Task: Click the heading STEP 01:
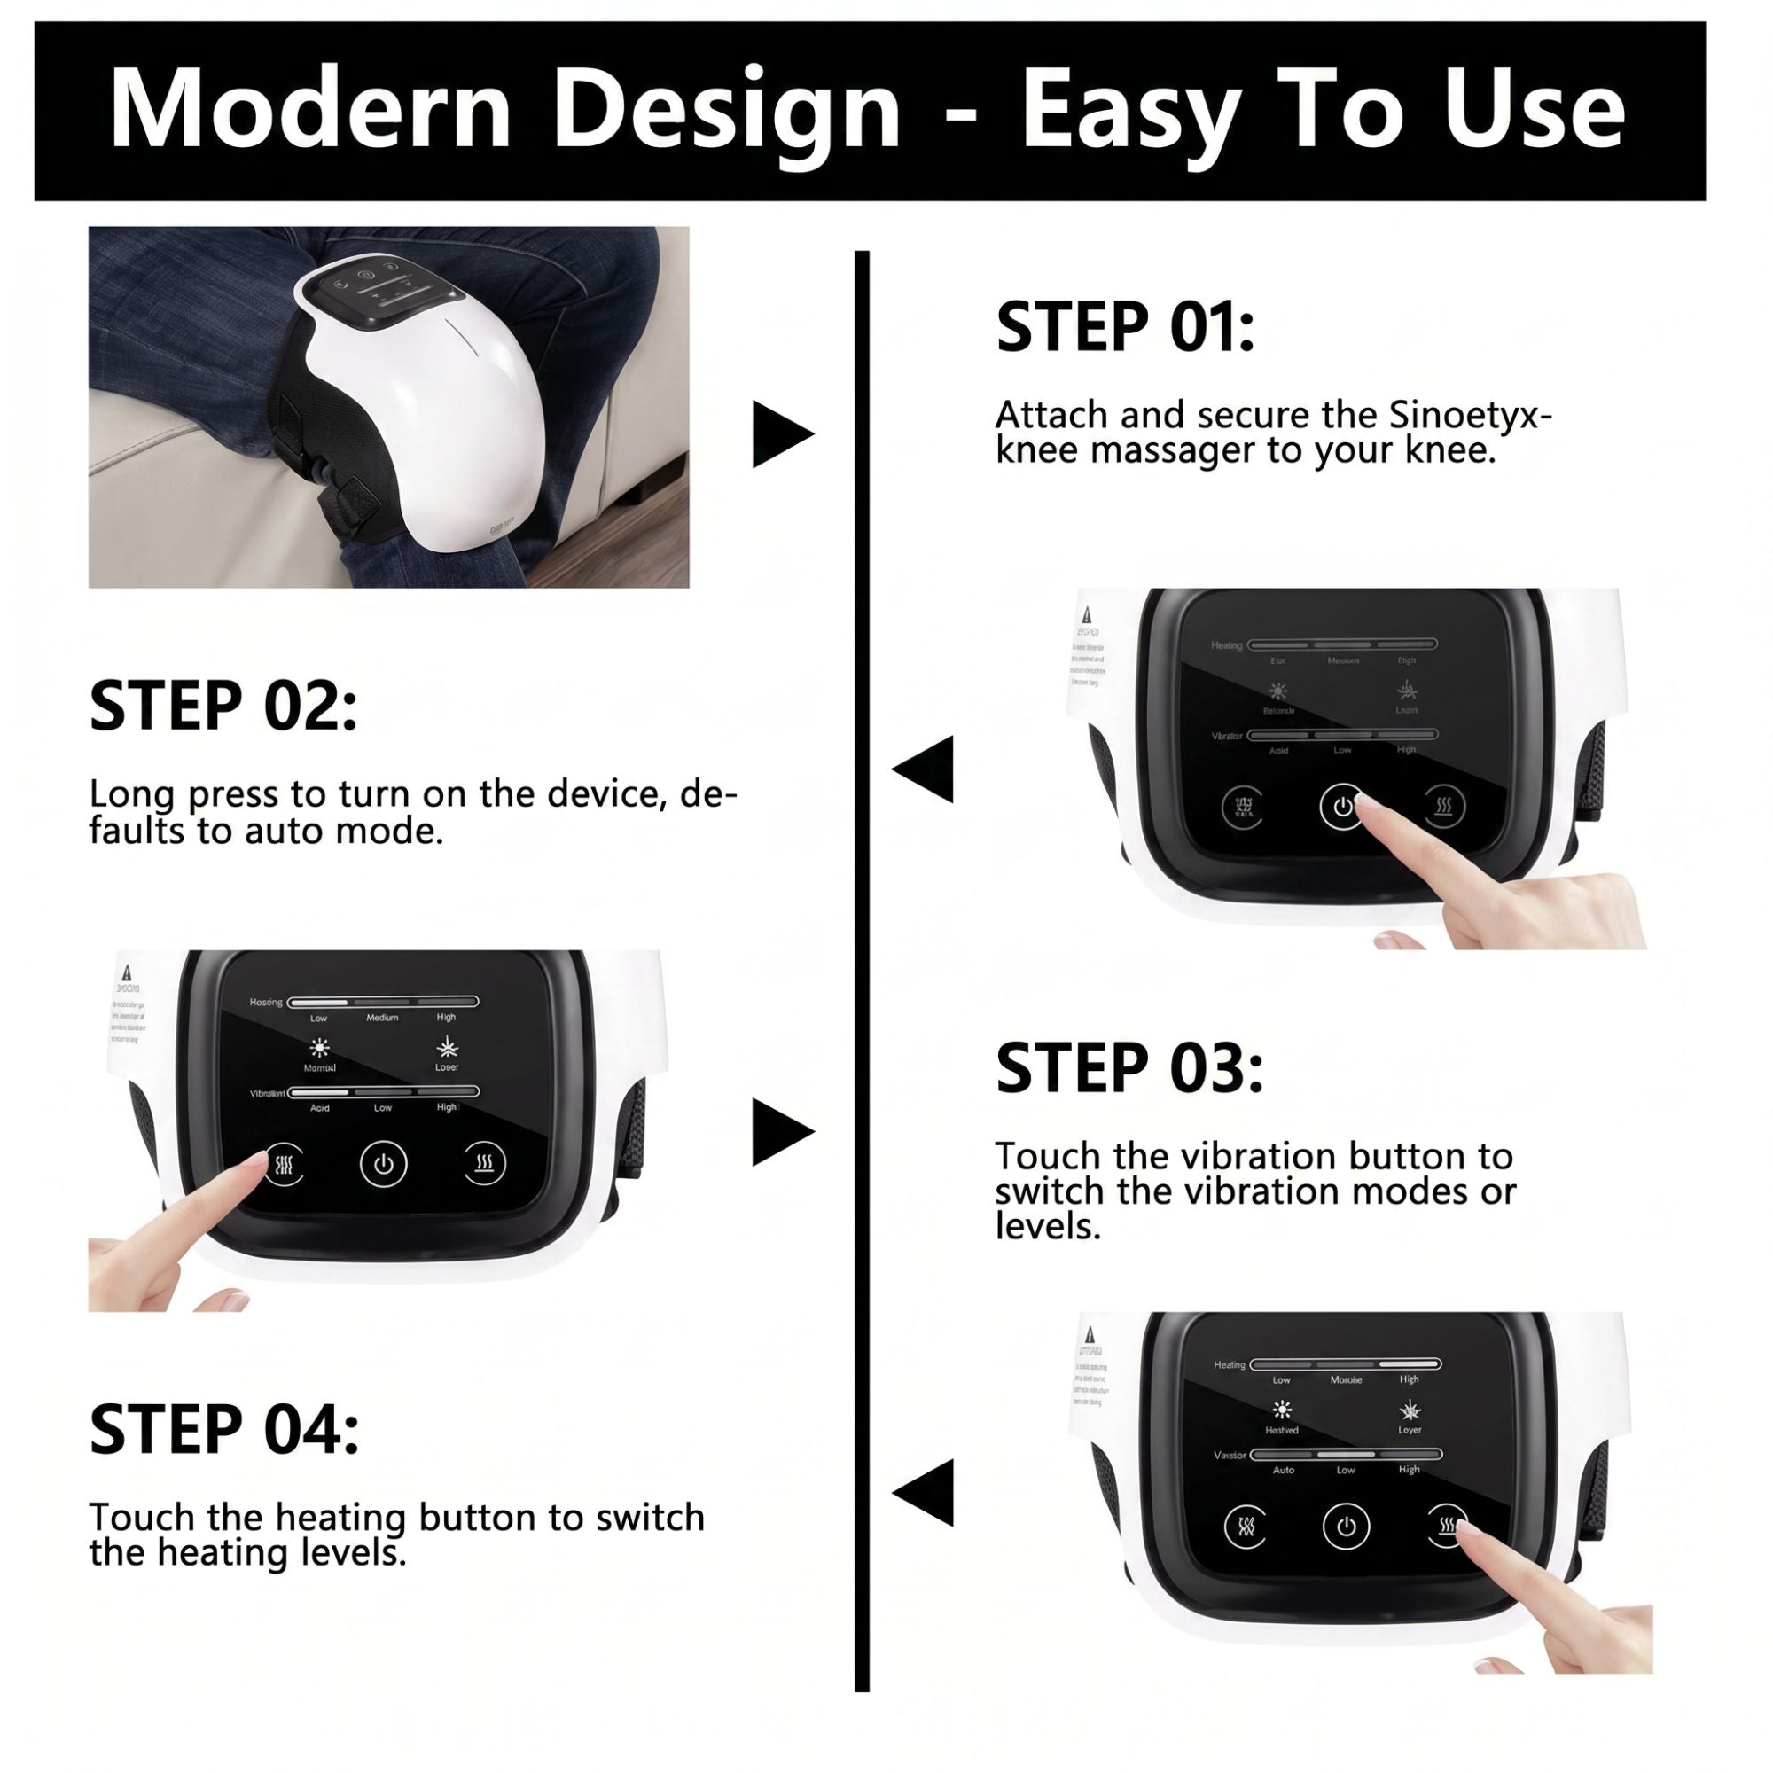pos(1125,328)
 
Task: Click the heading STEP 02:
pos(223,707)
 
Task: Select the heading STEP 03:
pos(1129,1068)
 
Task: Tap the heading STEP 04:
pos(224,1430)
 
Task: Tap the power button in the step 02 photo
pos(1342,807)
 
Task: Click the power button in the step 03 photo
pos(384,1165)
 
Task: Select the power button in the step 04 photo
pos(1346,1527)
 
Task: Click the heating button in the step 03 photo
pos(484,1165)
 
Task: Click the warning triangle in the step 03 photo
pos(125,972)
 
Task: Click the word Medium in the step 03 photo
pos(383,1018)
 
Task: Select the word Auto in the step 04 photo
pos(1283,1469)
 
